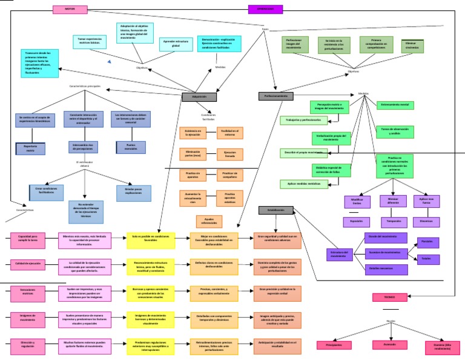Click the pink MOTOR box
coord(70,9)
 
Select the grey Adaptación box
coord(199,96)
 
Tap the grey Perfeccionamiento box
coord(275,96)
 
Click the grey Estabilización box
coord(275,210)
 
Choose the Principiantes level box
coord(334,345)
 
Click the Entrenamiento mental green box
coord(397,105)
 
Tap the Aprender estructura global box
coord(176,44)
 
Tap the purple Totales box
coord(426,259)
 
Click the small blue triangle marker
coord(109,62)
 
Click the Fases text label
coord(265,29)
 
